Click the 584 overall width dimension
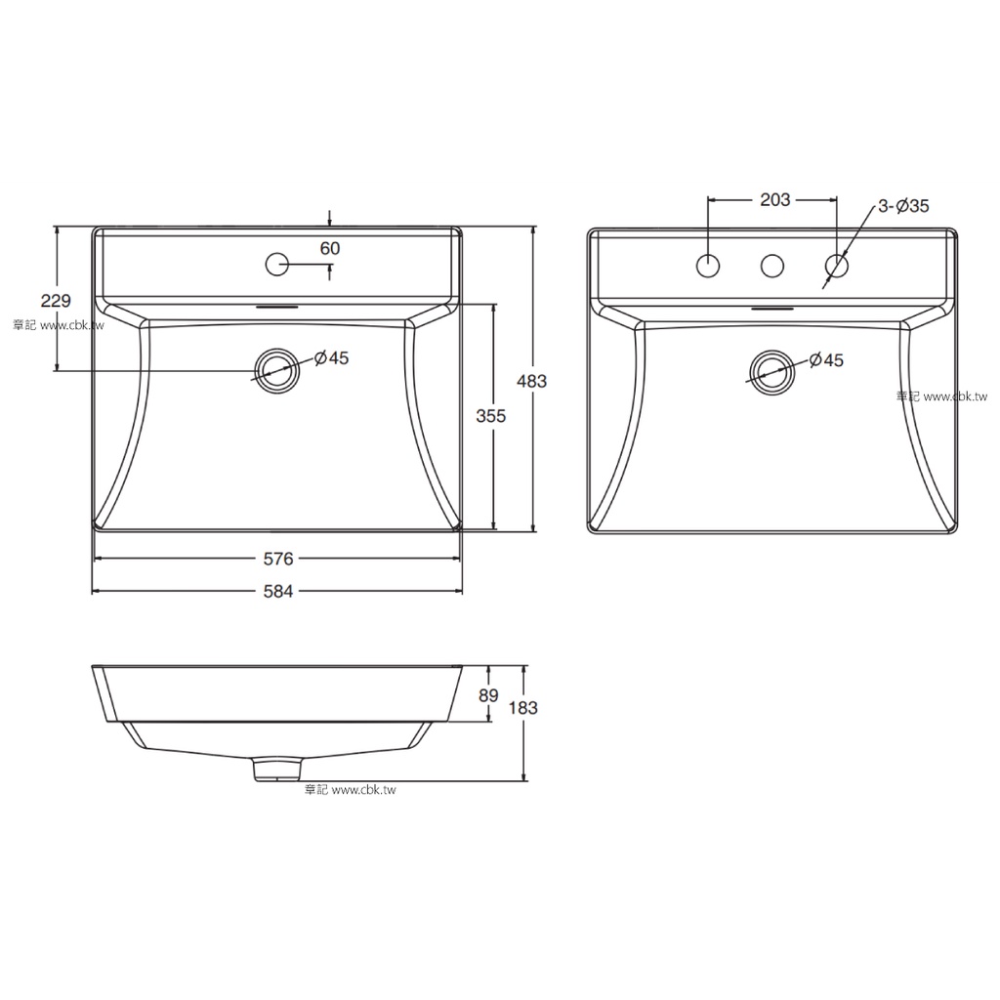[x=278, y=592]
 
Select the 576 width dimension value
[x=278, y=559]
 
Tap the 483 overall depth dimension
[x=531, y=382]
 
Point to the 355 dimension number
[x=491, y=416]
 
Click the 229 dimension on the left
[x=56, y=301]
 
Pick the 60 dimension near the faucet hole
[x=330, y=248]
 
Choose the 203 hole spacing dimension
[x=774, y=199]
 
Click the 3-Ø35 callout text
[x=903, y=206]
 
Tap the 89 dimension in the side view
[x=488, y=695]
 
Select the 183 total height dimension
[x=523, y=707]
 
